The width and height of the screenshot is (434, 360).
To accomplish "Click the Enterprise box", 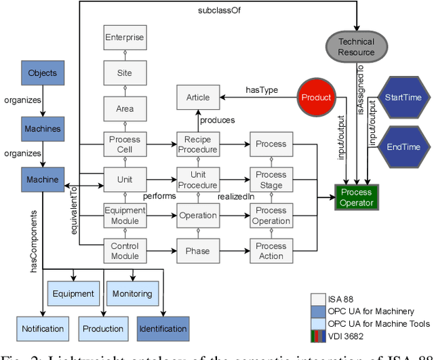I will (x=124, y=38).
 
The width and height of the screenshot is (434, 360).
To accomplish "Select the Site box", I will (x=124, y=73).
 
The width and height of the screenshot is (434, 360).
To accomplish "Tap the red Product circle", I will (x=317, y=98).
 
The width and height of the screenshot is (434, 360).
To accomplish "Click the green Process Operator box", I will (x=356, y=197).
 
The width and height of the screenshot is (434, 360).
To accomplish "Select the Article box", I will (x=197, y=98).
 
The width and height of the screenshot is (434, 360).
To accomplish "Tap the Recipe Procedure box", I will (x=197, y=144).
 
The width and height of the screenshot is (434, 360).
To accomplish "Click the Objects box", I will (x=42, y=73).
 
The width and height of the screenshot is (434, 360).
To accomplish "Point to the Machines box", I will (x=42, y=129).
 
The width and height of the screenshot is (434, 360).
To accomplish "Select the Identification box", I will (x=162, y=329).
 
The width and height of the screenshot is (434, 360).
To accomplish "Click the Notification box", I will (x=42, y=329).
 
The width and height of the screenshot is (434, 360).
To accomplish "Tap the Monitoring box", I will (x=132, y=294).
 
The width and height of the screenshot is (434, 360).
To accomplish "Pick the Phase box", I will (x=197, y=251).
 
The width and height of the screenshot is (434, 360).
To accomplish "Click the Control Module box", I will (x=124, y=251).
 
